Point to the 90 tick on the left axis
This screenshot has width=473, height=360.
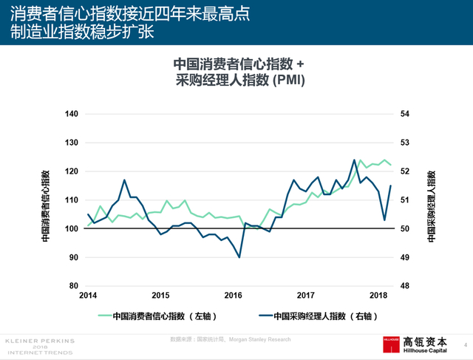72,257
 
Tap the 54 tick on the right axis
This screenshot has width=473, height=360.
404,114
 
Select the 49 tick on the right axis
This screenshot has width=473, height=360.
404,257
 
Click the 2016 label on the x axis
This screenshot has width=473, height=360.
234,295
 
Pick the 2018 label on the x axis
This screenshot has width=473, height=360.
379,295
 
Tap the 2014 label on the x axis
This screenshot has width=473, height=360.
88,295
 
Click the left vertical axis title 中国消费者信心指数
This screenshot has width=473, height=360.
45,206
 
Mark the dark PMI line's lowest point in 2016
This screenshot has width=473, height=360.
239,257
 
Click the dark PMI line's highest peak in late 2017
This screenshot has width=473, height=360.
354,160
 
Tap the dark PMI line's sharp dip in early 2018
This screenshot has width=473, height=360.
384,220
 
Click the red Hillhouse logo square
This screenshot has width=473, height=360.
390,345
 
